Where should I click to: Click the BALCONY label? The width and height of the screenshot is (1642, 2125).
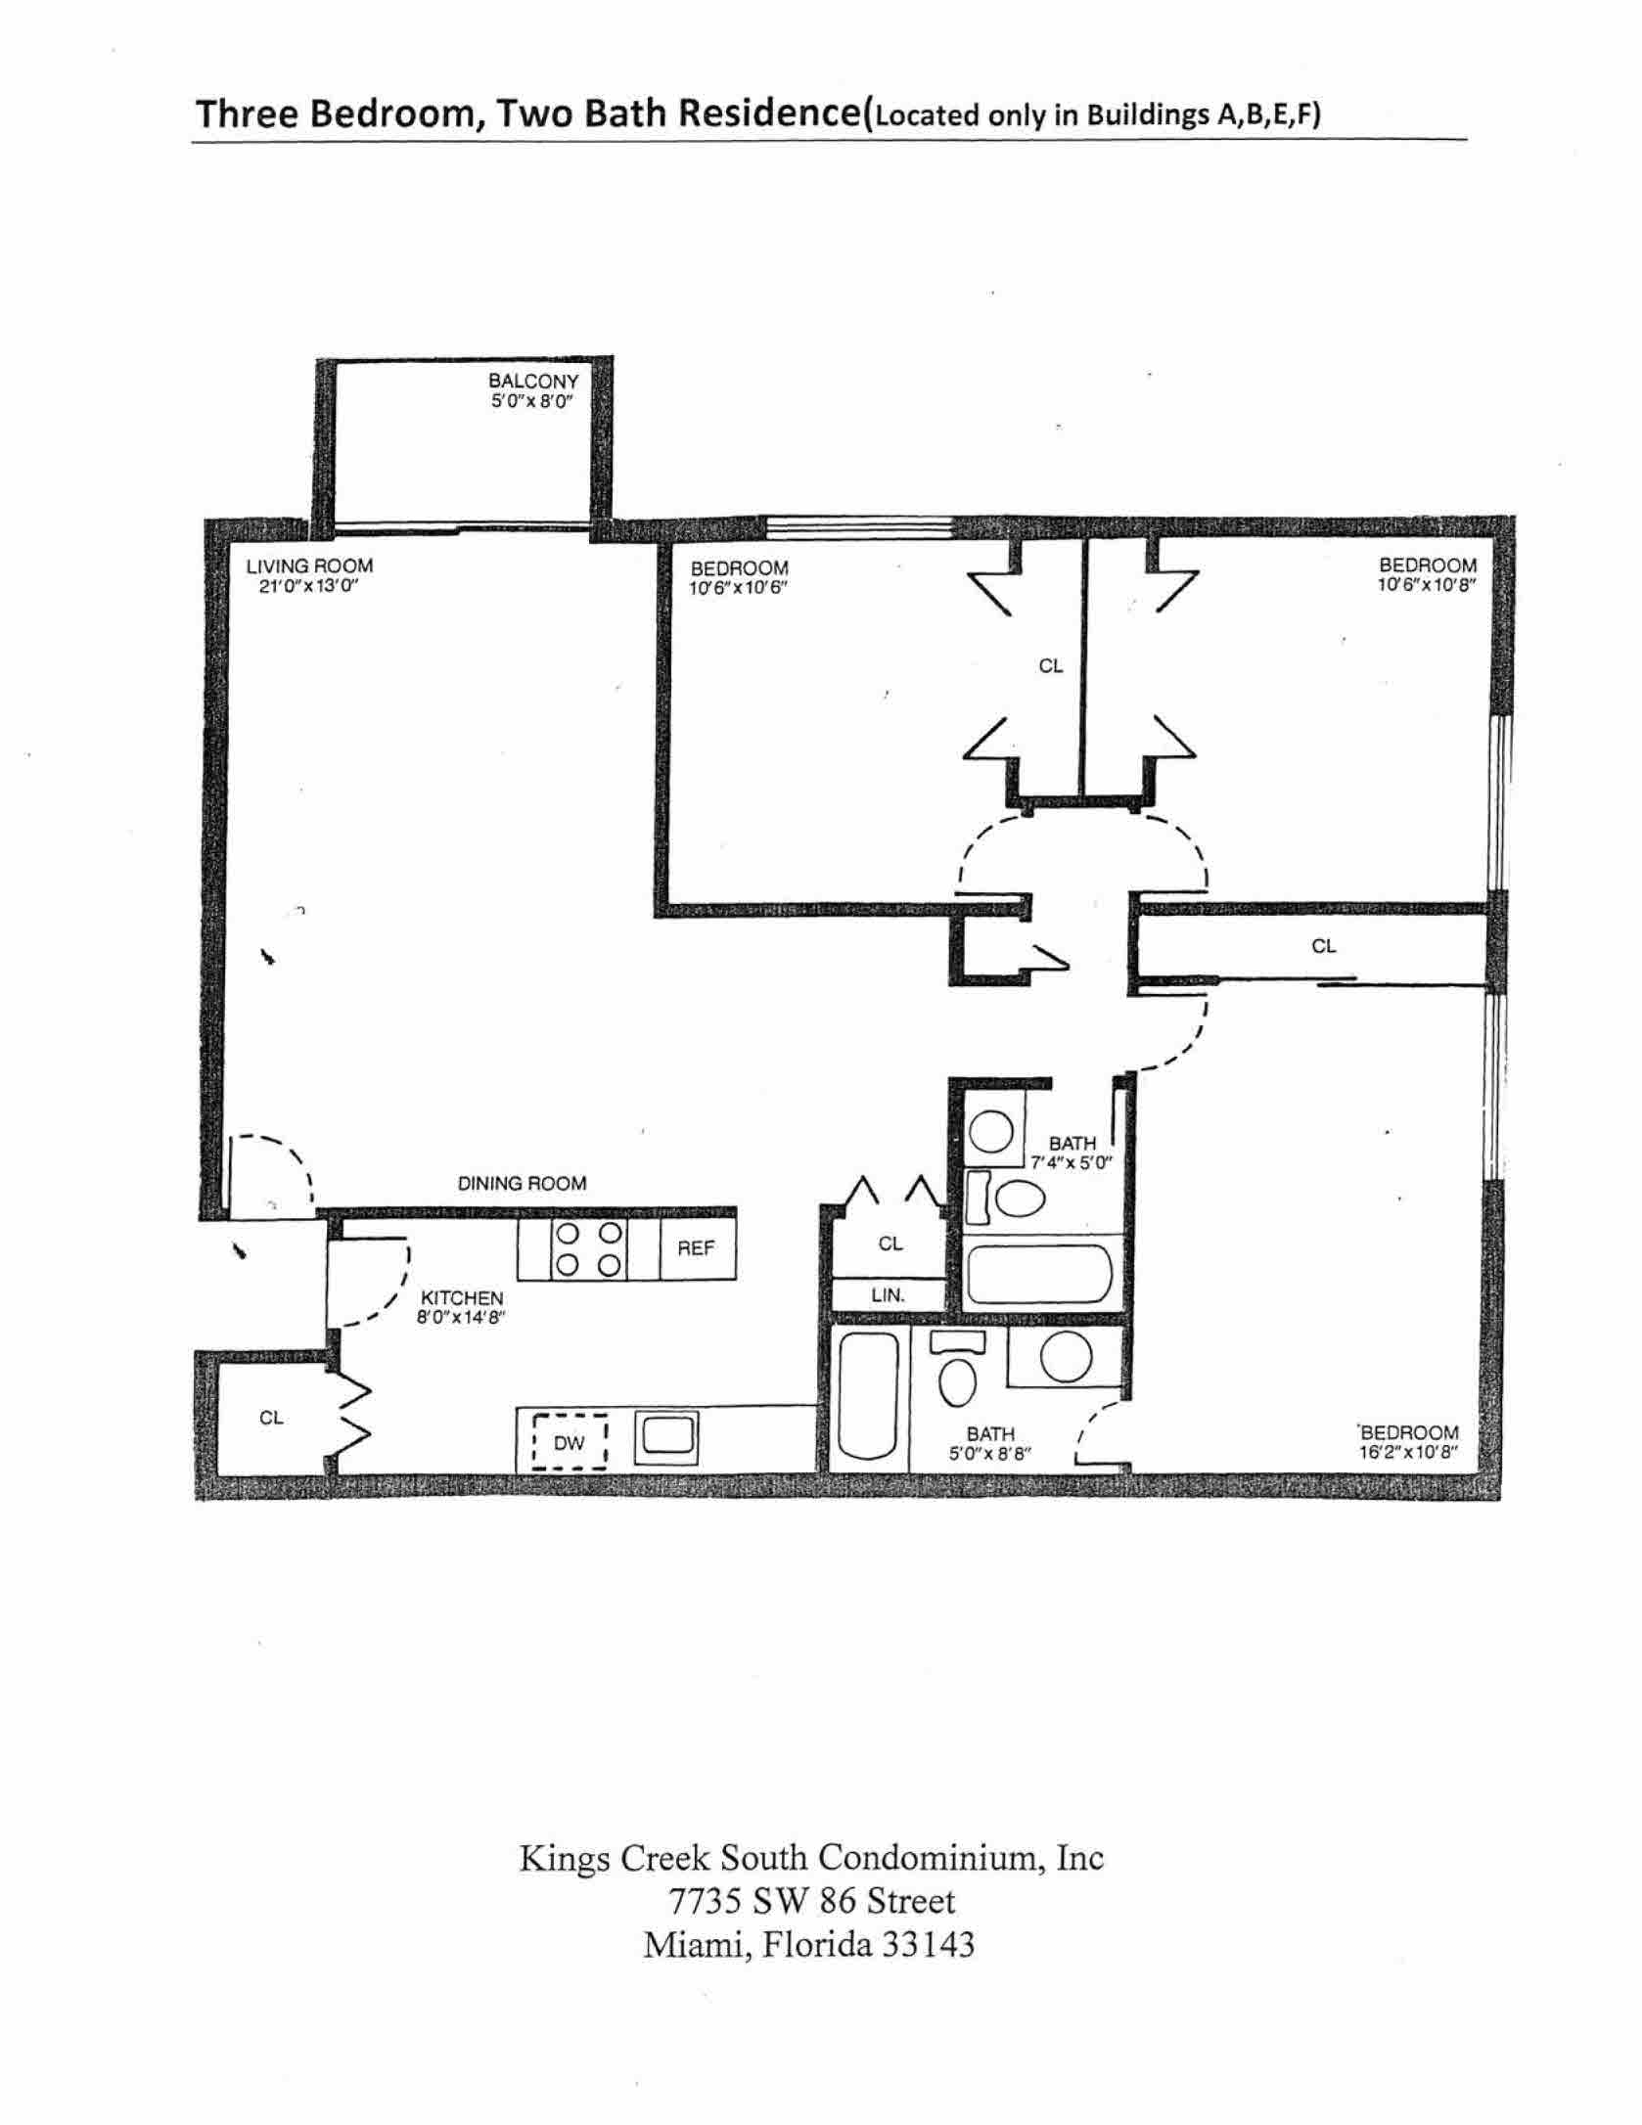(533, 381)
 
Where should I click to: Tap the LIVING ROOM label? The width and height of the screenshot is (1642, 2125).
(309, 565)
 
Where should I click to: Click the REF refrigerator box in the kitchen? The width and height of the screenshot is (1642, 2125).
(696, 1248)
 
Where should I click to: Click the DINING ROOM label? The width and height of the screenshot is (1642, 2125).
(523, 1184)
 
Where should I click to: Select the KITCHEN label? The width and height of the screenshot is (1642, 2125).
(462, 1298)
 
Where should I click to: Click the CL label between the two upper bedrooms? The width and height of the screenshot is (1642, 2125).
(1050, 666)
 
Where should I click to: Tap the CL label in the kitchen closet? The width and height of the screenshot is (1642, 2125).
(271, 1418)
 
